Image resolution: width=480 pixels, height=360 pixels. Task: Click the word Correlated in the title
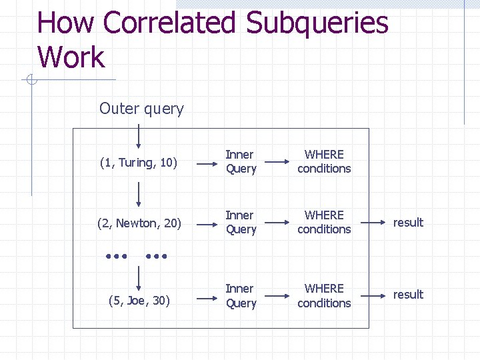click(x=171, y=23)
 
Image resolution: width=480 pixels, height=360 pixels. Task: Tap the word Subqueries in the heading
click(x=317, y=23)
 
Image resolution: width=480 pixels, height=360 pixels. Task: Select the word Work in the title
click(x=71, y=57)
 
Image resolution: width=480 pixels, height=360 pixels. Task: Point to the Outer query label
click(x=141, y=109)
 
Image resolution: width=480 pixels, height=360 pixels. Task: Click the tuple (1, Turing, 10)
click(x=139, y=163)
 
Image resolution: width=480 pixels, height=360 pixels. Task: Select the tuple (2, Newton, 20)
click(x=139, y=223)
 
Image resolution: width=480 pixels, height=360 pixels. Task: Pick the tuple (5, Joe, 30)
click(x=139, y=301)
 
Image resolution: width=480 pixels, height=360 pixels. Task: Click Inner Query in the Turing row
click(x=240, y=161)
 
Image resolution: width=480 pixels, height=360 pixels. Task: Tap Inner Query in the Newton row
click(x=240, y=222)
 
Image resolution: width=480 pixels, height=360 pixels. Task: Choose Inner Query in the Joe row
click(x=240, y=295)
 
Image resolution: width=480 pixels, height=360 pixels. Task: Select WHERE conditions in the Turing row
click(x=324, y=161)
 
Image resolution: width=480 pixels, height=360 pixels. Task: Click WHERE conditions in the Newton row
click(x=324, y=222)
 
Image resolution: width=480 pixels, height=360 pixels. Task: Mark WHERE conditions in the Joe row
click(x=324, y=295)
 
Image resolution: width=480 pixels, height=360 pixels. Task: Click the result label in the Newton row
click(x=408, y=223)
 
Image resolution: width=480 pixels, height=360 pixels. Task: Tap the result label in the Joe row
click(x=408, y=295)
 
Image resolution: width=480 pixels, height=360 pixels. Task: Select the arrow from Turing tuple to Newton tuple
click(x=139, y=195)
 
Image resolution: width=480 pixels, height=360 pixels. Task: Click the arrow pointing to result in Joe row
click(x=373, y=295)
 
